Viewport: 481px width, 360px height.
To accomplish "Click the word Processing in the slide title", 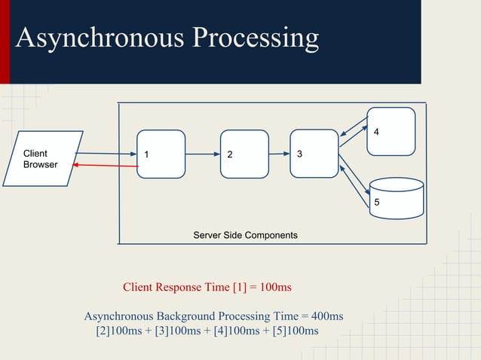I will pos(255,38).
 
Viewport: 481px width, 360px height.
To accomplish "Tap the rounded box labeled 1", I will pos(161,154).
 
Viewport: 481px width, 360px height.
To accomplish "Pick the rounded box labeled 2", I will pos(244,154).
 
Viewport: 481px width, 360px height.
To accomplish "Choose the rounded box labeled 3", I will pos(314,154).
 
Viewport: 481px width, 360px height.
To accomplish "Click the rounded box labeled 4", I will pos(391,131).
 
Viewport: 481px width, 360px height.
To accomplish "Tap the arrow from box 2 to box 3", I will pos(279,154).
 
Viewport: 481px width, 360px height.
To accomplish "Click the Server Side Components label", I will pos(245,235).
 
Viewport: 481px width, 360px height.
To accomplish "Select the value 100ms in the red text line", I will pos(274,287).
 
